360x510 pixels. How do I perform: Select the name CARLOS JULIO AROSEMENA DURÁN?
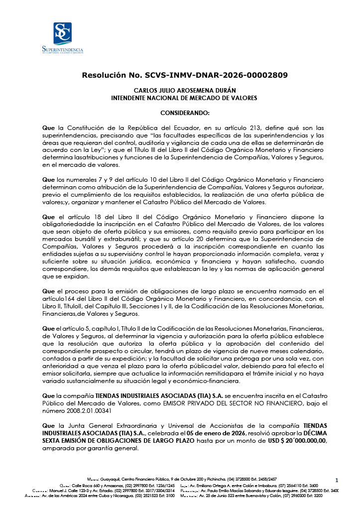[x=184, y=91]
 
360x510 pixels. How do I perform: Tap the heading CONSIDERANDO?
[x=185, y=113]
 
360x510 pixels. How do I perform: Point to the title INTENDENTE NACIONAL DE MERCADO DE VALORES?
[x=184, y=98]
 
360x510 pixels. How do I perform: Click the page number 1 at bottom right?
[x=337, y=480]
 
